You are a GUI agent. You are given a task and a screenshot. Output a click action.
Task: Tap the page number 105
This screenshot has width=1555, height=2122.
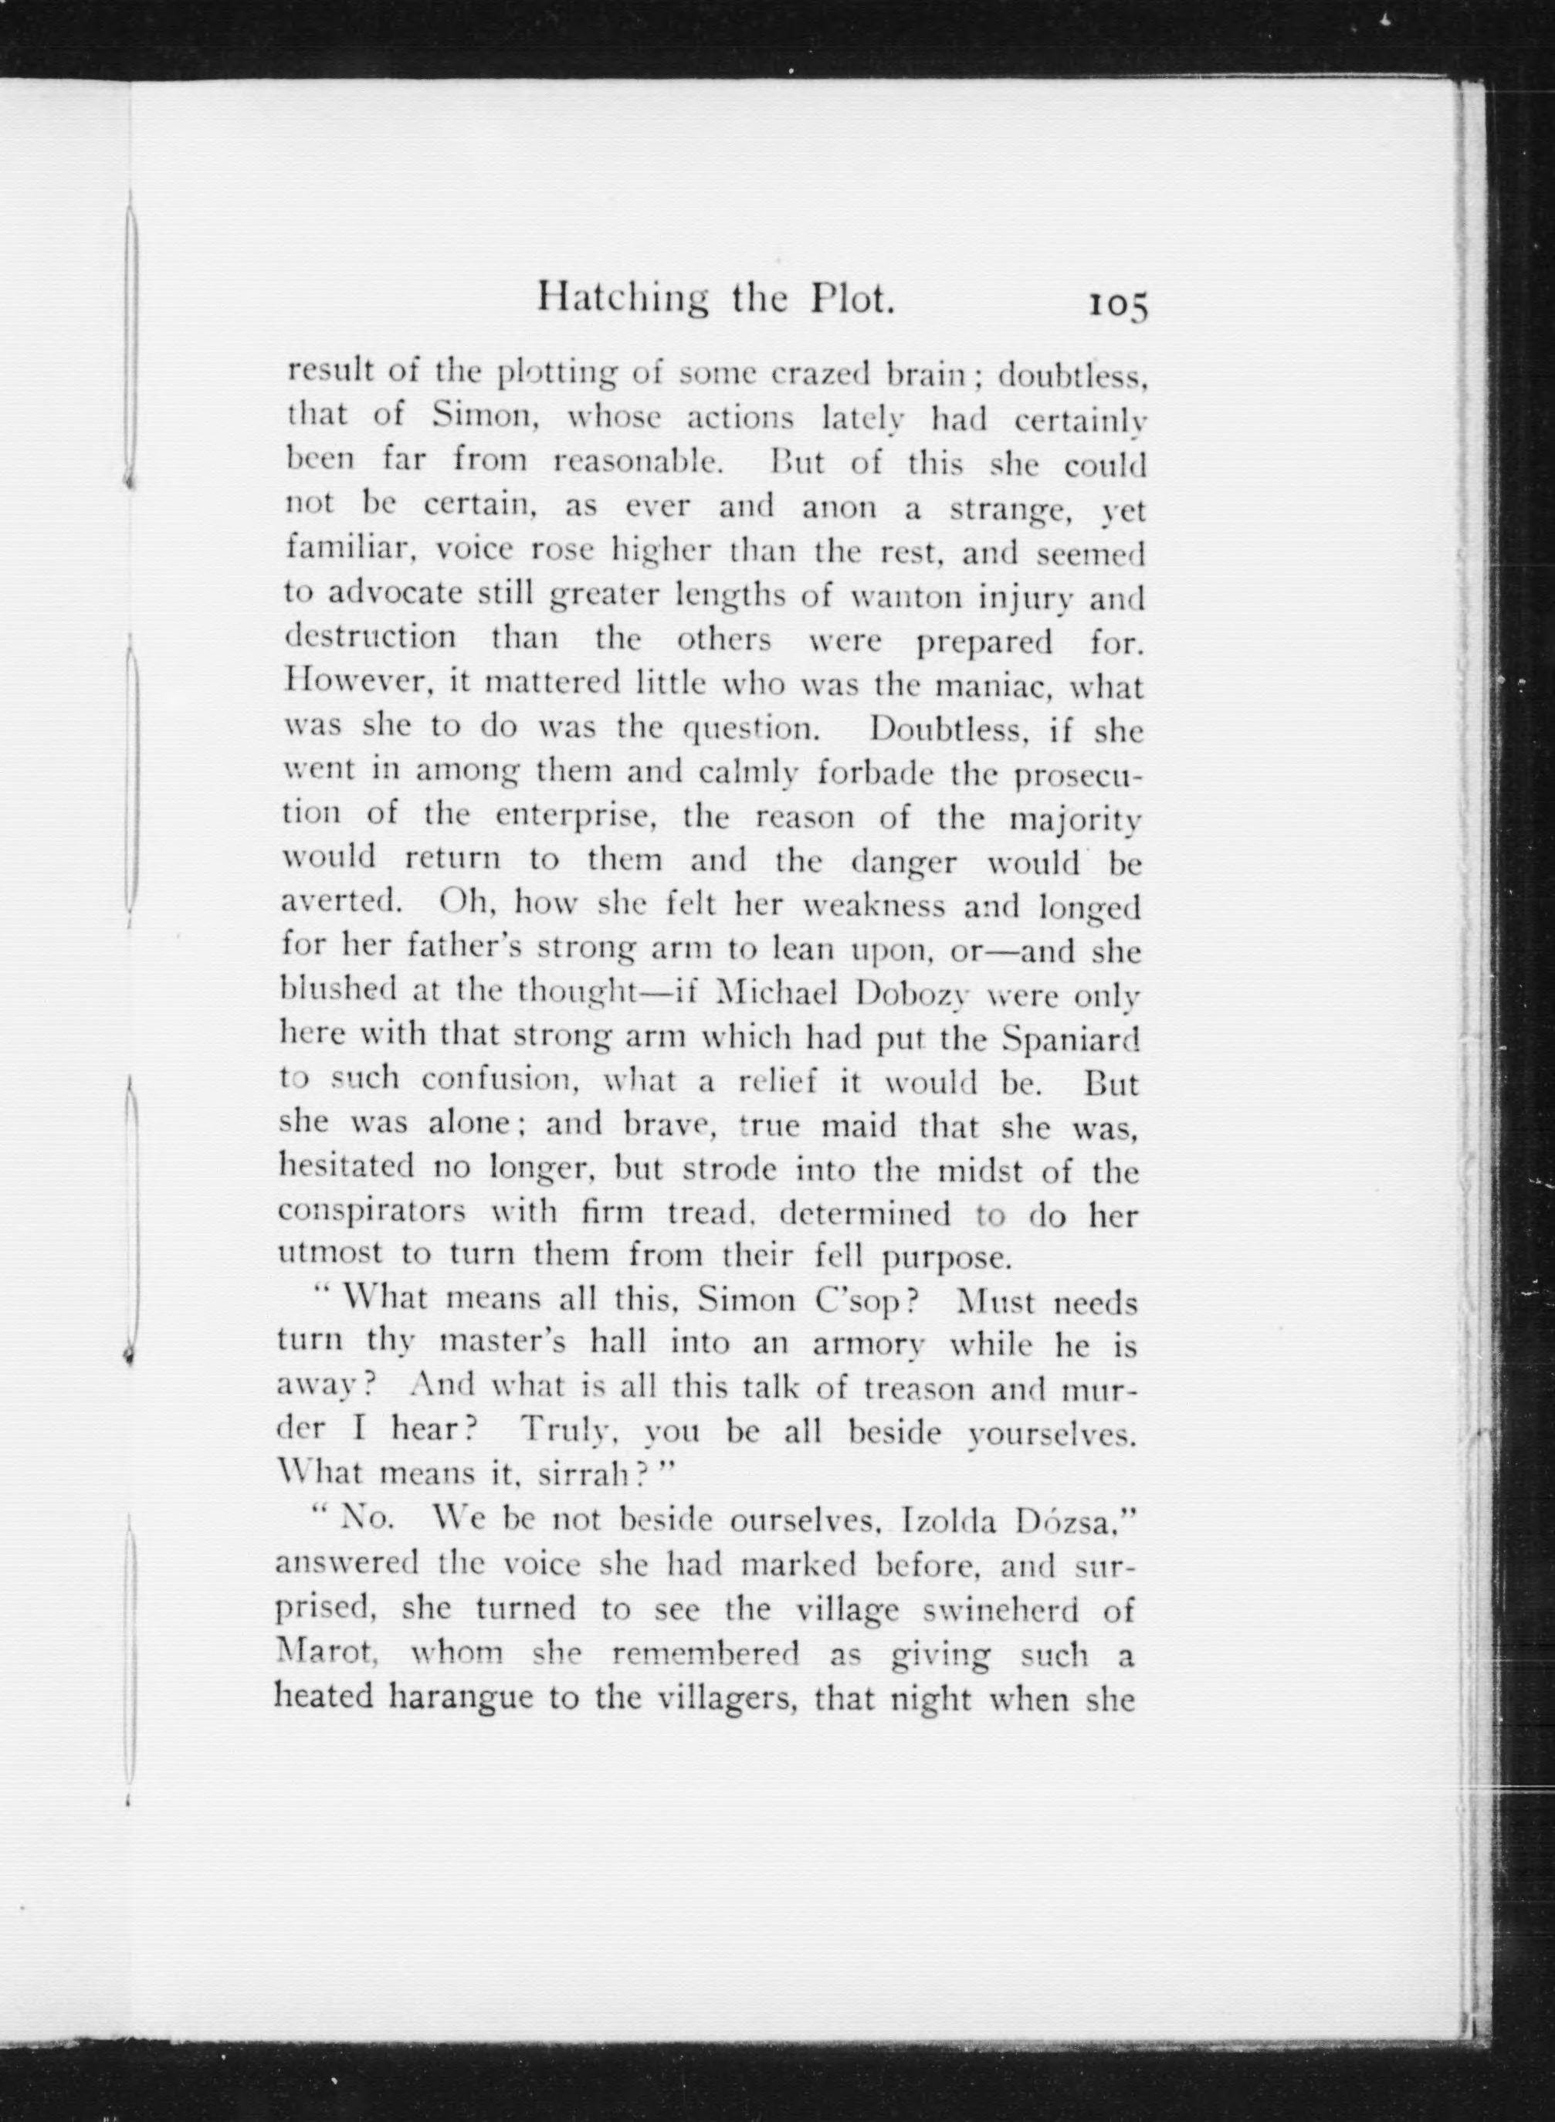pyautogui.click(x=1118, y=306)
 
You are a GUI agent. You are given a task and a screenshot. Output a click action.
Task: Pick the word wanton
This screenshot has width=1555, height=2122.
pyautogui.click(x=920, y=596)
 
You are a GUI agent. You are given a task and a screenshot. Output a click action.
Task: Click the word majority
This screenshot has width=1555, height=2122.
pyautogui.click(x=1075, y=817)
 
